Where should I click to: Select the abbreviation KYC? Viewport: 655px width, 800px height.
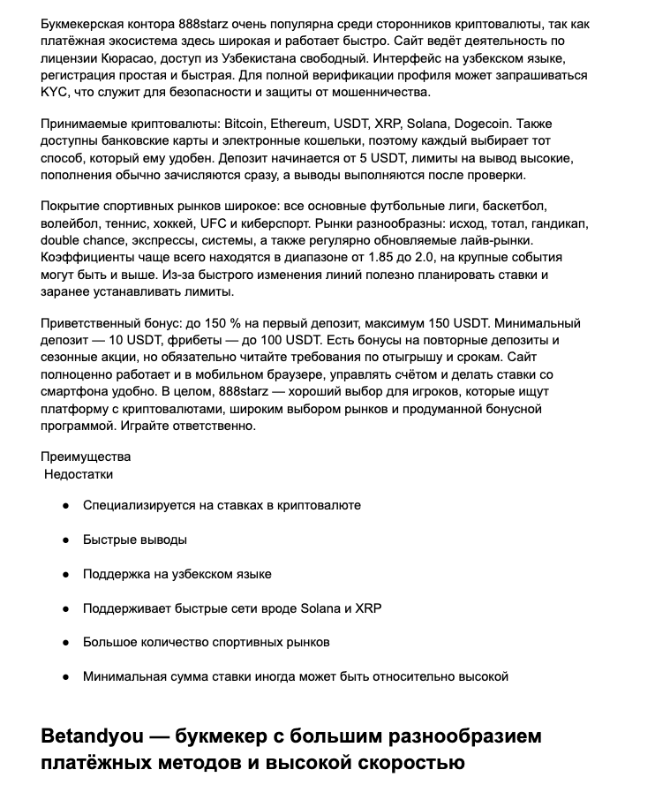coord(56,93)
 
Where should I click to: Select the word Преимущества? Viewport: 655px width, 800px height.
coord(86,457)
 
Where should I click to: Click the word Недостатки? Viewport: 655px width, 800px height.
coord(79,474)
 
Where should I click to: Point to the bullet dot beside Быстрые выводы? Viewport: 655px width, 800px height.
coord(65,540)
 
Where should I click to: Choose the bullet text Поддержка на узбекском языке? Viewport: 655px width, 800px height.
coord(177,574)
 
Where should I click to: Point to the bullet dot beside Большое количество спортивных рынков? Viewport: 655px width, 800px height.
coord(65,643)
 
